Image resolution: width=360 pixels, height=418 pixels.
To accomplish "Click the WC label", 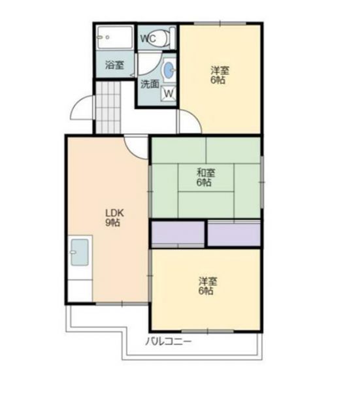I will click(x=148, y=39).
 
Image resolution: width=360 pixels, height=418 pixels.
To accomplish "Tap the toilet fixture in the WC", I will click(x=167, y=37).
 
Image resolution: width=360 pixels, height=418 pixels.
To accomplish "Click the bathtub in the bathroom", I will click(x=114, y=37).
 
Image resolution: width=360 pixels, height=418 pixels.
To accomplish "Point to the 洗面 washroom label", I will click(x=150, y=84).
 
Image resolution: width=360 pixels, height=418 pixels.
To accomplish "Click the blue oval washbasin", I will click(x=169, y=71).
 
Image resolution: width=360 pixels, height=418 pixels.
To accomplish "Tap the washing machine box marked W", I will click(x=169, y=94).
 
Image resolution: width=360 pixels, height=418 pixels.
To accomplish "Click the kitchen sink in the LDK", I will click(x=80, y=253).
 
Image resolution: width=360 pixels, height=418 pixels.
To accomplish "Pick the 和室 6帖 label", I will click(x=206, y=178).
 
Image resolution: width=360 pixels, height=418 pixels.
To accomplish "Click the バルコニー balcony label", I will click(x=169, y=341).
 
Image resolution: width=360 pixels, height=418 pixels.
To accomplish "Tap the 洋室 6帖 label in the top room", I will click(x=220, y=74).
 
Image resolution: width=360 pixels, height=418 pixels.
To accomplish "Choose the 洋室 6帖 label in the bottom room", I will click(x=208, y=285).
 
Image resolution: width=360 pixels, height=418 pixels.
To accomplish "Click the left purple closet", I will click(x=178, y=234).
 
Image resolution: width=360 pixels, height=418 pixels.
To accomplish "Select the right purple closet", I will click(x=234, y=234).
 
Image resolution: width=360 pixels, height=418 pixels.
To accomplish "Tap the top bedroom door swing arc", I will click(x=187, y=121).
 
